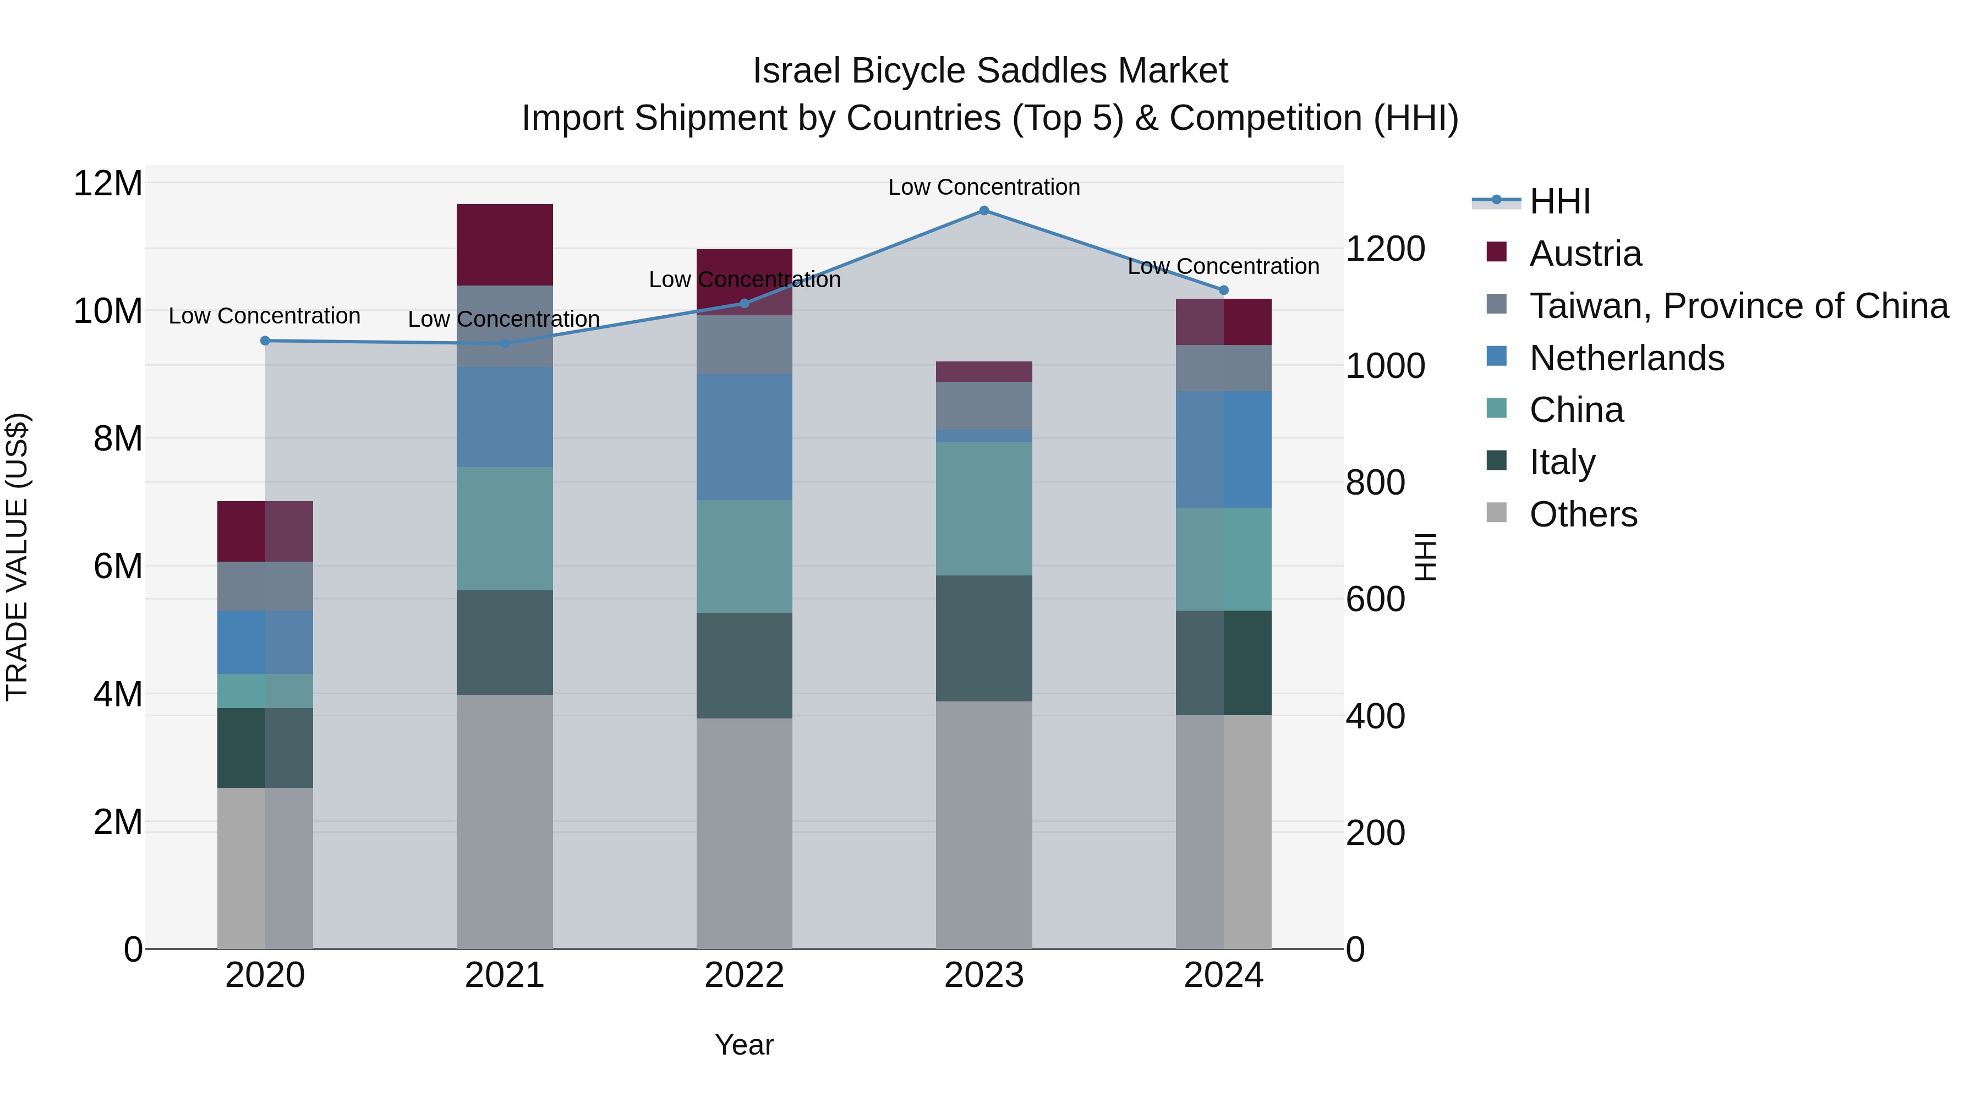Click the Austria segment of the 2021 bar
click(505, 244)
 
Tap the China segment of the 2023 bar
click(983, 508)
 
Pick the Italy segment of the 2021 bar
click(505, 642)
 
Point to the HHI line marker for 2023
click(983, 211)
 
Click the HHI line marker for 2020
click(265, 341)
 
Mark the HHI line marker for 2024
click(1223, 290)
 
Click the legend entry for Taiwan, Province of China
click(1738, 306)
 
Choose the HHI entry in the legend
click(1559, 201)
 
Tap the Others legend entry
click(1583, 514)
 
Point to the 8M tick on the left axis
click(117, 439)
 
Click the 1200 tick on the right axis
click(1385, 249)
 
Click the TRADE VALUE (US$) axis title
click(17, 557)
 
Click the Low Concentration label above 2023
click(983, 187)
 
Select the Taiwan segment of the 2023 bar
click(983, 405)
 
